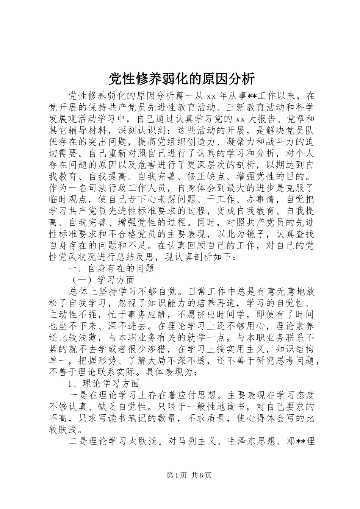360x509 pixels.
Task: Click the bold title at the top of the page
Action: click(x=181, y=78)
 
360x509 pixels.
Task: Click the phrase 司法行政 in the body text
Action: click(x=119, y=188)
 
